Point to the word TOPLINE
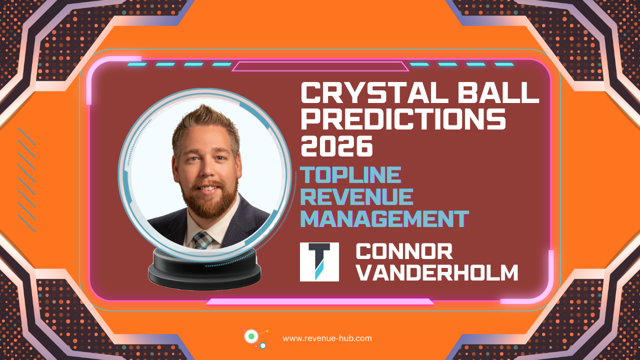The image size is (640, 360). point(350,175)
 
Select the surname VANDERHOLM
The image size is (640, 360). point(438,273)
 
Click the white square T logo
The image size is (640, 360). point(319,262)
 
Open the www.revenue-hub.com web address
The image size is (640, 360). point(327,338)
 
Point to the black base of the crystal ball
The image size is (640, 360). point(204,273)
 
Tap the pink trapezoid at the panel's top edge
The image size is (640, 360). point(320,66)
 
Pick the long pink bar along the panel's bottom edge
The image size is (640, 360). point(320,301)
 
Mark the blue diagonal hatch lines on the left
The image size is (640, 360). point(26,180)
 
